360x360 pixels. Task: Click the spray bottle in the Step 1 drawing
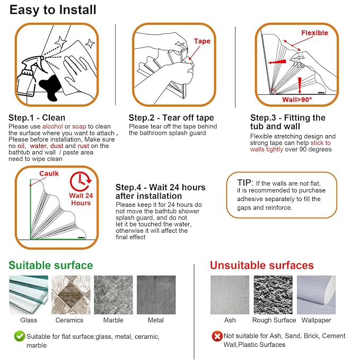coord(29,76)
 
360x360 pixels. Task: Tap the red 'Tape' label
coord(202,41)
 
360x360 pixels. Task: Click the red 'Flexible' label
coord(314,33)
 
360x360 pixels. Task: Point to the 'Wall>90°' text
coord(297,100)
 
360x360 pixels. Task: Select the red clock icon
coord(81,181)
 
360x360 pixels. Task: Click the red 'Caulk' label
coord(49,173)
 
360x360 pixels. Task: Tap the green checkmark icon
coord(20,336)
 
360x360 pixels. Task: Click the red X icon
coord(217,336)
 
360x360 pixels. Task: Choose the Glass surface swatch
coord(29,295)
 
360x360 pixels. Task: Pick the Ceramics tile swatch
coord(71,295)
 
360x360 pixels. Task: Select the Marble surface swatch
coord(113,295)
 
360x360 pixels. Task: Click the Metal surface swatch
coord(156,295)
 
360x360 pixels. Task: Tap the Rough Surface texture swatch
coord(273,295)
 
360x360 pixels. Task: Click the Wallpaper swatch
coord(316,295)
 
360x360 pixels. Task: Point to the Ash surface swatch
coord(230,295)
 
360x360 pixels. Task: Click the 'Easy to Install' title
coord(53,10)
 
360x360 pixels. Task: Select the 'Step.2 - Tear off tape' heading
coord(171,118)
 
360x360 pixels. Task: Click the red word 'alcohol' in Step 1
coord(52,127)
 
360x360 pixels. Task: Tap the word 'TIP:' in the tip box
coord(245,183)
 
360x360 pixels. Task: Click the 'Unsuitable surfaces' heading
coord(262,266)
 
